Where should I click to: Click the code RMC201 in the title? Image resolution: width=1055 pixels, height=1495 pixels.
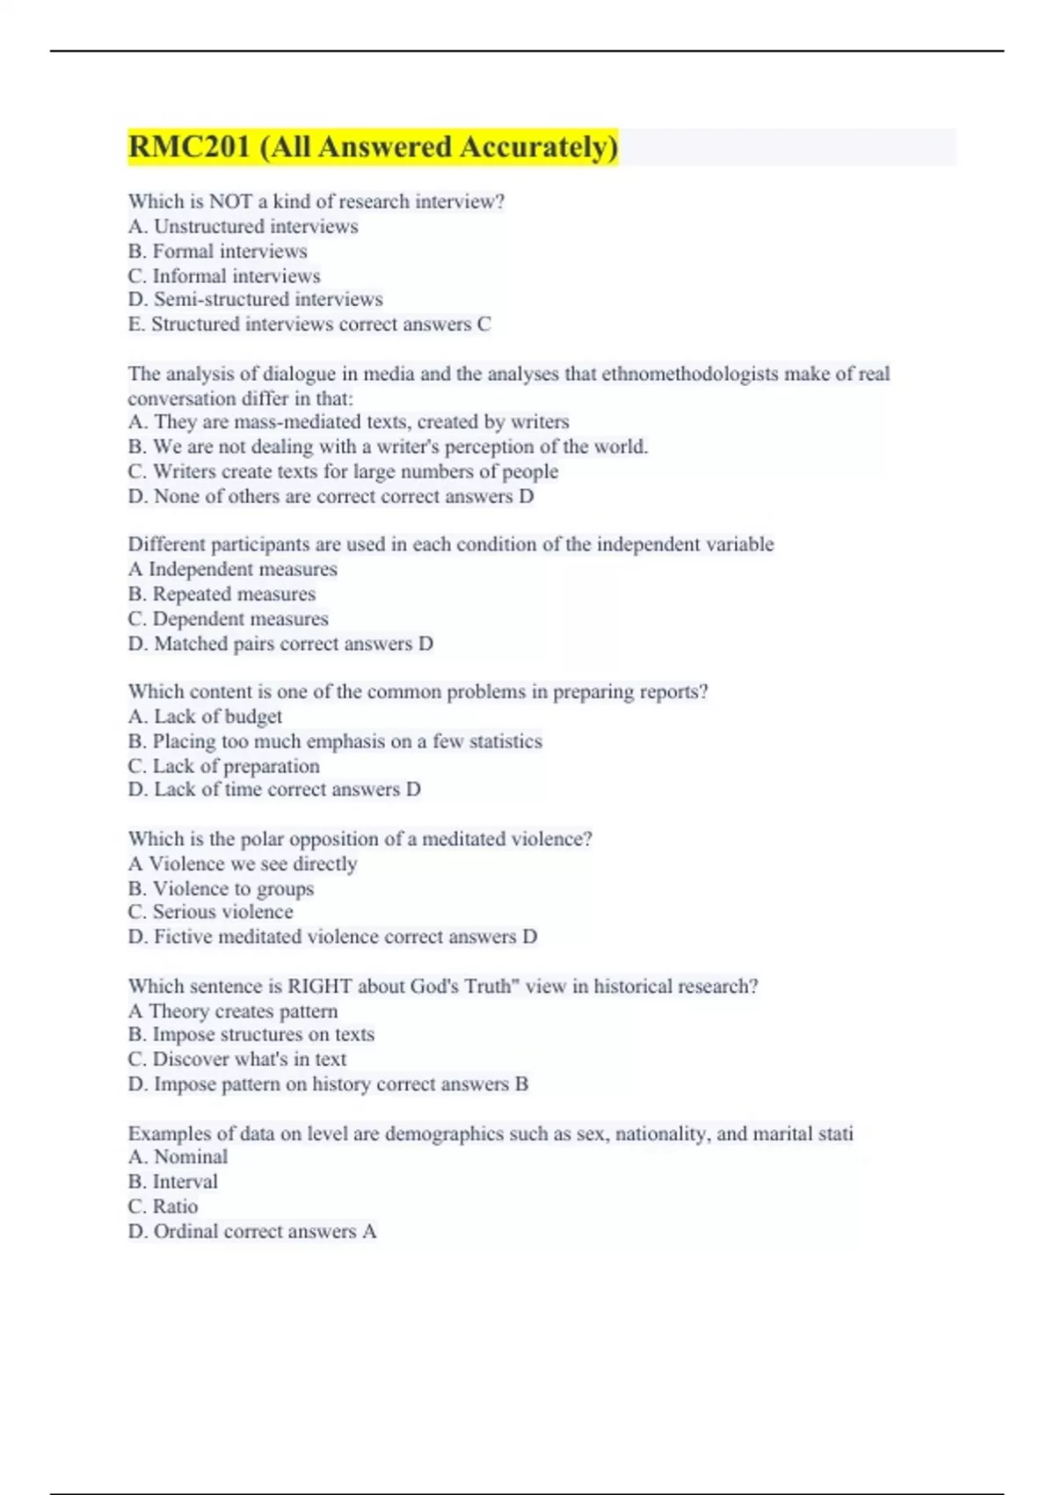point(189,147)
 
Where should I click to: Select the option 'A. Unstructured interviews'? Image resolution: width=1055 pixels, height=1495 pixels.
point(243,227)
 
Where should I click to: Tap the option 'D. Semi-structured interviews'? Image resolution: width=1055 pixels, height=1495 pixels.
point(255,300)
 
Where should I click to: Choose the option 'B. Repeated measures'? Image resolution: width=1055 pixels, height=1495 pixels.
point(222,594)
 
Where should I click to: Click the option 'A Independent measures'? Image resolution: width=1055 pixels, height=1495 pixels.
point(232,570)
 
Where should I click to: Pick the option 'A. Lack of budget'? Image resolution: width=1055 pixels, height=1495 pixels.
point(205,717)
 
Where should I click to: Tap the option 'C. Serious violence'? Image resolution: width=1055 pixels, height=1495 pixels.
point(210,912)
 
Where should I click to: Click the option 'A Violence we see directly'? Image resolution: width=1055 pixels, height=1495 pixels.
point(243,864)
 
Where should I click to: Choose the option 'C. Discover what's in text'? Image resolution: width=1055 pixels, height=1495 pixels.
point(237,1060)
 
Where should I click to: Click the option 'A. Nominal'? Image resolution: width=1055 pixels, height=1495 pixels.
point(178,1157)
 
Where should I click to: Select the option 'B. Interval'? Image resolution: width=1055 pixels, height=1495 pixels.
point(172,1182)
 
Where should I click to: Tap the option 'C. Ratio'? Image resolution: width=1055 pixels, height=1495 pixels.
point(163,1207)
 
